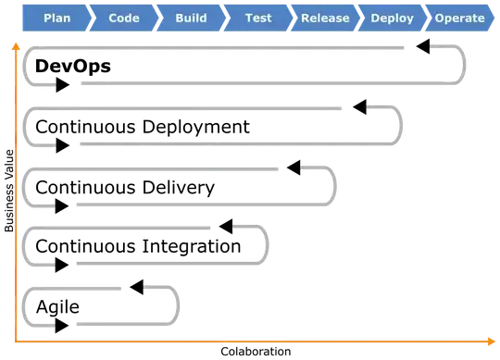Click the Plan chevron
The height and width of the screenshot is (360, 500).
pos(56,18)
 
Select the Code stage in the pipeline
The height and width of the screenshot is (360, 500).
pos(124,18)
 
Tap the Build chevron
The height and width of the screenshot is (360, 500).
pos(191,18)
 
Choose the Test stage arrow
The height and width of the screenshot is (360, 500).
pos(258,18)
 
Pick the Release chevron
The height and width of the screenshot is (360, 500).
pos(325,18)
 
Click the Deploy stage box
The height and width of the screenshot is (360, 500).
pos(392,18)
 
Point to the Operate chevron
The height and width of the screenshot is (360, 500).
pos(459,18)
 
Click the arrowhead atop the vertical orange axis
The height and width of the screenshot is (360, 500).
pos(16,45)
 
